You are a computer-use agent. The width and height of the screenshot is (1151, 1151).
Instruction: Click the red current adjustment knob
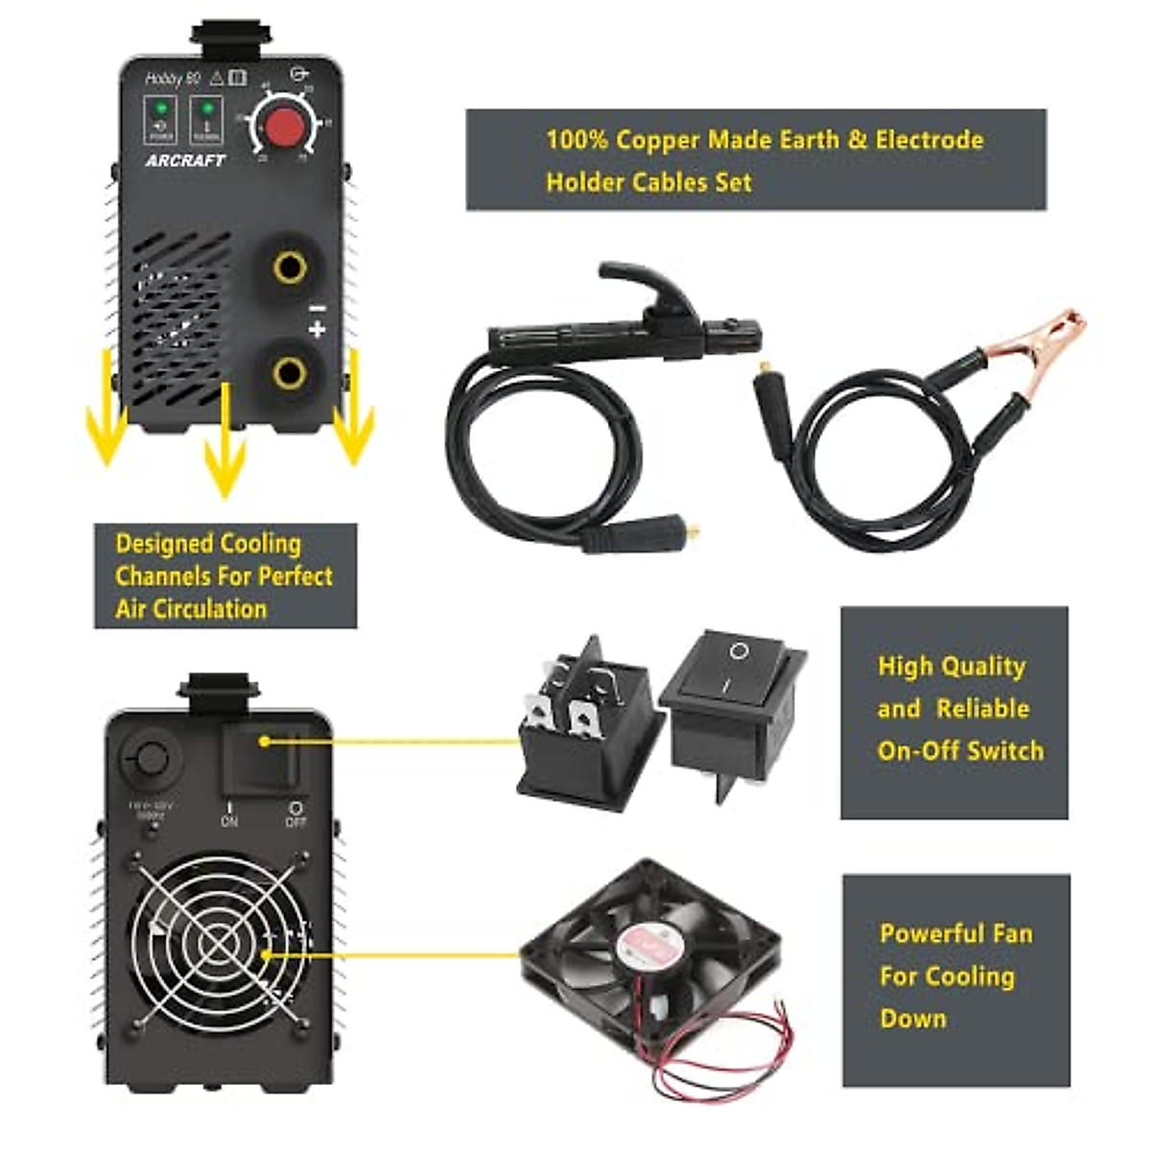[282, 128]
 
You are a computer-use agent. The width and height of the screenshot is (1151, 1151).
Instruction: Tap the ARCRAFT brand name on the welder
[185, 161]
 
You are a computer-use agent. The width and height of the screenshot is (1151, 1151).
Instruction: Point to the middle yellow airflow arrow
[224, 441]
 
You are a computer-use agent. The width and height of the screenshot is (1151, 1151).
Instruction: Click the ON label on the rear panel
[229, 821]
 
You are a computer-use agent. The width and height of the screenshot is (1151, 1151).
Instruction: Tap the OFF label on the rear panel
[295, 821]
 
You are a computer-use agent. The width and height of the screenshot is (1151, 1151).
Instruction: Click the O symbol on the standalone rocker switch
[739, 652]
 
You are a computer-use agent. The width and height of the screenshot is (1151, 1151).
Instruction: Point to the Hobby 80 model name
[172, 79]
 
